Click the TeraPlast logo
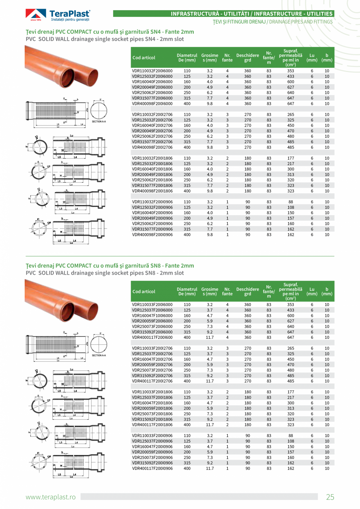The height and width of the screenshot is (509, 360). pyautogui.click(x=58, y=15)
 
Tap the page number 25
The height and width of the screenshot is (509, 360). pyautogui.click(x=330, y=497)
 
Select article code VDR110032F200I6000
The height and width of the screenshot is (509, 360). pyautogui.click(x=152, y=71)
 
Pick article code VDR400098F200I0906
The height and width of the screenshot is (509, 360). pyautogui.click(x=152, y=235)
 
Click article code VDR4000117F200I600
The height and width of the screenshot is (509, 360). pyautogui.click(x=152, y=337)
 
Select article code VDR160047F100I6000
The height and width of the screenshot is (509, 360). pyautogui.click(x=152, y=315)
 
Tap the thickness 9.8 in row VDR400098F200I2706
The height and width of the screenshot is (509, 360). pyautogui.click(x=209, y=147)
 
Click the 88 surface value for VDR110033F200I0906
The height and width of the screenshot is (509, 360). pyautogui.click(x=290, y=435)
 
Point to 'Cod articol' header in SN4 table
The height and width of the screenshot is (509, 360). pyautogui.click(x=144, y=58)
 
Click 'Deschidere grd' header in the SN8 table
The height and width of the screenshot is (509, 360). pyautogui.click(x=247, y=291)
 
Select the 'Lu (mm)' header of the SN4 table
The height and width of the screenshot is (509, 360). pyautogui.click(x=312, y=58)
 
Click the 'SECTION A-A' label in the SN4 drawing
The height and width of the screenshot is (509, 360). pyautogui.click(x=99, y=122)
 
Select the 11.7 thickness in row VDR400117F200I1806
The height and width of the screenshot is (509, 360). pyautogui.click(x=209, y=424)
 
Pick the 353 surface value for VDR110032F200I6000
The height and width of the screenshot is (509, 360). pyautogui.click(x=290, y=71)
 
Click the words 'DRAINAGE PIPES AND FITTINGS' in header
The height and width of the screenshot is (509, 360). pyautogui.click(x=300, y=22)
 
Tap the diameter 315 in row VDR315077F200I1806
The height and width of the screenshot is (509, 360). pyautogui.click(x=187, y=185)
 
